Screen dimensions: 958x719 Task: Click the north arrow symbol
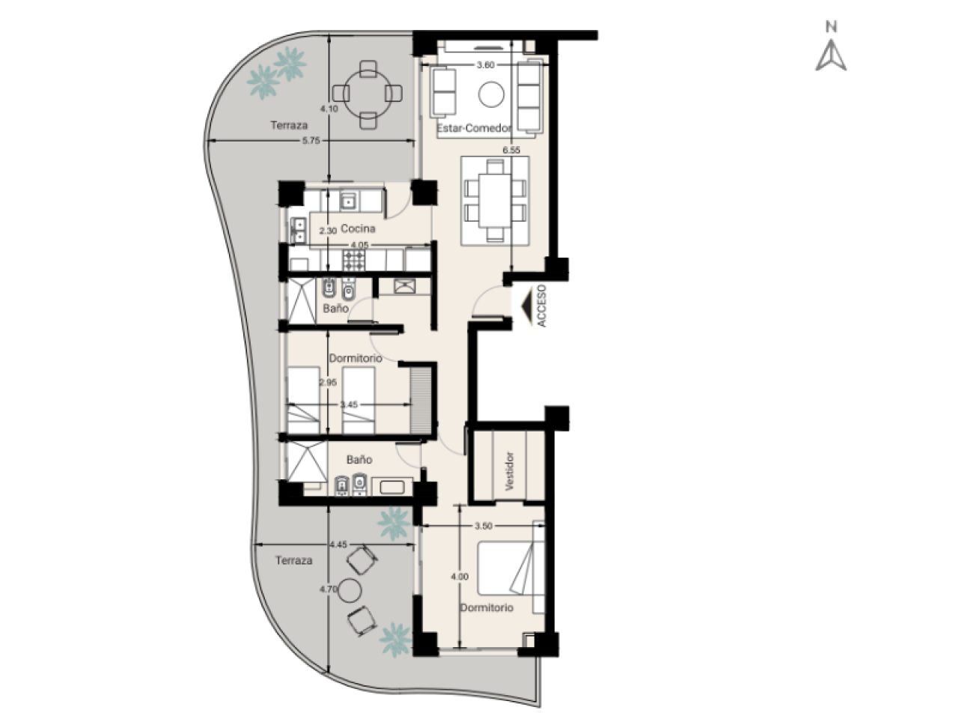[830, 55]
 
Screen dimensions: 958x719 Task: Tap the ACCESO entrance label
[542, 306]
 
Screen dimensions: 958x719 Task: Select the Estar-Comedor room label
[474, 128]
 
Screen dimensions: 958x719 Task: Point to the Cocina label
[358, 228]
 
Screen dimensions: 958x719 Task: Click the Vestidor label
[510, 471]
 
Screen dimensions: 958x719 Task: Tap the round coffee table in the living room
[491, 94]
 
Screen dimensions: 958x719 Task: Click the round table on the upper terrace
[367, 94]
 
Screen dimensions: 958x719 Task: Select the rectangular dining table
[495, 201]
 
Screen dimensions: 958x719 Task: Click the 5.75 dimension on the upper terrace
[311, 141]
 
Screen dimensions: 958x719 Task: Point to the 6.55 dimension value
[511, 151]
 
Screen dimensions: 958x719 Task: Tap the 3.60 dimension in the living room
[485, 65]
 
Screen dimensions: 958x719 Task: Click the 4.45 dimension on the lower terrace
[338, 544]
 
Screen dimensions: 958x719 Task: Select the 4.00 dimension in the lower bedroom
[460, 577]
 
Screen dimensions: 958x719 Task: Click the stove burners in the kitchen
[353, 260]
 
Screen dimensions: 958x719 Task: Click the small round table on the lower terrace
[350, 590]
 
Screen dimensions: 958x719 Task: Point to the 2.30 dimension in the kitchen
[327, 231]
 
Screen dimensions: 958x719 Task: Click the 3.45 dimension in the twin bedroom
[349, 404]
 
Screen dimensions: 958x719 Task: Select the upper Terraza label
[289, 125]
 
